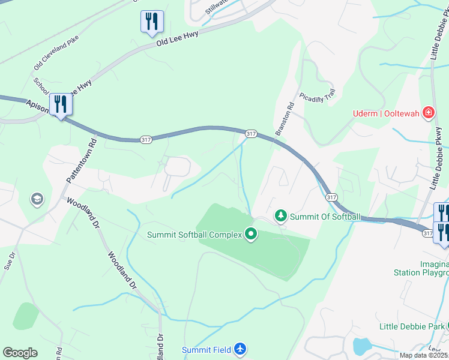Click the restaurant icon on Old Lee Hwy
(x=151, y=22)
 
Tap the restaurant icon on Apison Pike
(x=61, y=104)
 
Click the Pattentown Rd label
(x=82, y=161)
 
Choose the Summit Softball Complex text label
(x=194, y=235)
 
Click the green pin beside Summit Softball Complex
(x=251, y=235)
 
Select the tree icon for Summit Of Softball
(x=280, y=216)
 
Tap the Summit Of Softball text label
(x=325, y=217)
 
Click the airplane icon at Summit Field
(x=240, y=349)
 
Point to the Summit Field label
(x=207, y=350)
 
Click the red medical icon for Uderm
(x=428, y=112)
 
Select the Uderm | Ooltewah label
(x=386, y=113)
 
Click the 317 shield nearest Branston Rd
(x=251, y=133)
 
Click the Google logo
(x=20, y=353)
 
